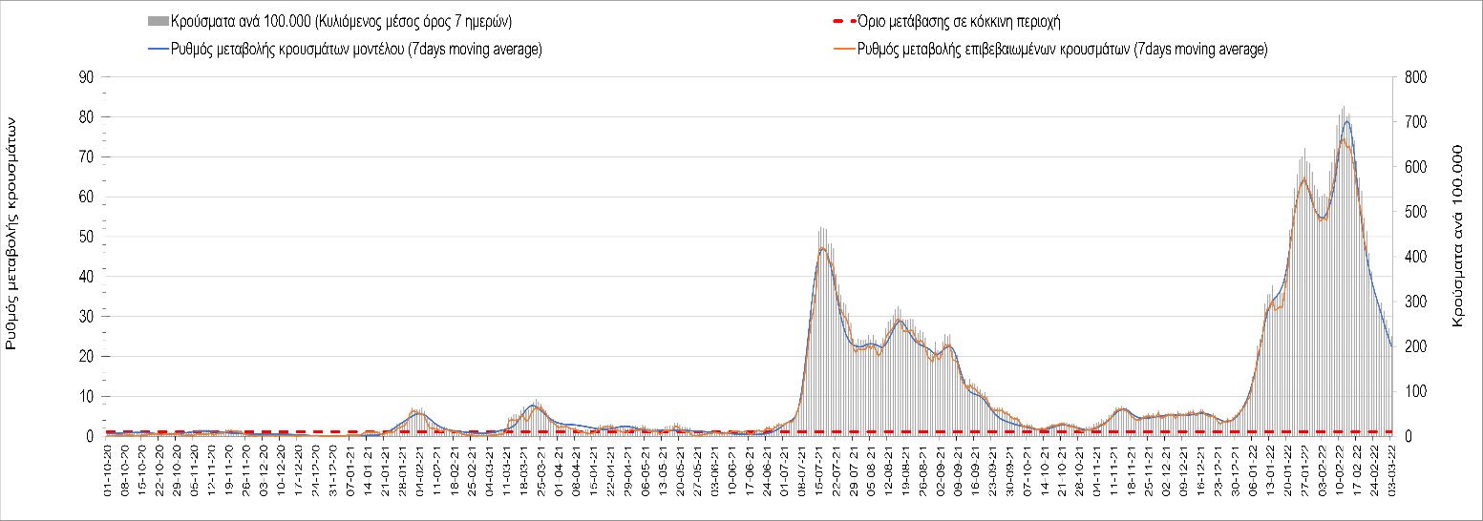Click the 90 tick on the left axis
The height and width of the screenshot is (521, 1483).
point(87,77)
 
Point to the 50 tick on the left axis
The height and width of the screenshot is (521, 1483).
point(87,237)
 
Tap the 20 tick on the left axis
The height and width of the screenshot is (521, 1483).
point(87,356)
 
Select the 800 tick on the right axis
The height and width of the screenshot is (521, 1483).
point(1410,77)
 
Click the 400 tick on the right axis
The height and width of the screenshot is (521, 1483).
point(1410,257)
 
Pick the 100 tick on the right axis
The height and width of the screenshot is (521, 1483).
point(1410,391)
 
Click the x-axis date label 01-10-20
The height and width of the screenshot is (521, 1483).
point(108,470)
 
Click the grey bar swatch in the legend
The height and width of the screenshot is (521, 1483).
point(157,21)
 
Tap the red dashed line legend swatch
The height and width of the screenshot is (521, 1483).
point(838,21)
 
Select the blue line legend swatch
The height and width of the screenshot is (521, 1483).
point(157,50)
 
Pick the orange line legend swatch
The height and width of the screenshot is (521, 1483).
point(838,50)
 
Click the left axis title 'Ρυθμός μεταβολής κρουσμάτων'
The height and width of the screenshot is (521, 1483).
point(12,233)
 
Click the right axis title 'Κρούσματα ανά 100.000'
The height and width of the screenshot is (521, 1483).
point(1457,237)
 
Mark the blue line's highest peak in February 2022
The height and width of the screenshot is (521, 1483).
point(1346,121)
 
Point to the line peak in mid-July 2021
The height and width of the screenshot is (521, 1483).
point(822,248)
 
